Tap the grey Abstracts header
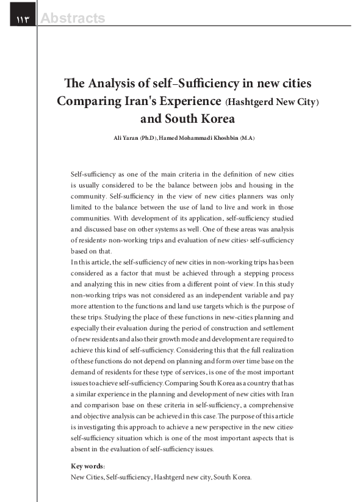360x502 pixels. click(73, 19)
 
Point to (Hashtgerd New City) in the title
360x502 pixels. click(272, 102)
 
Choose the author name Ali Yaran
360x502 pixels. click(126, 139)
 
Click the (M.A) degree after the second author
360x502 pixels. click(247, 139)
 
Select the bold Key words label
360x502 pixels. click(88, 467)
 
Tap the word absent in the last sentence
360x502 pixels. click(82, 449)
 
